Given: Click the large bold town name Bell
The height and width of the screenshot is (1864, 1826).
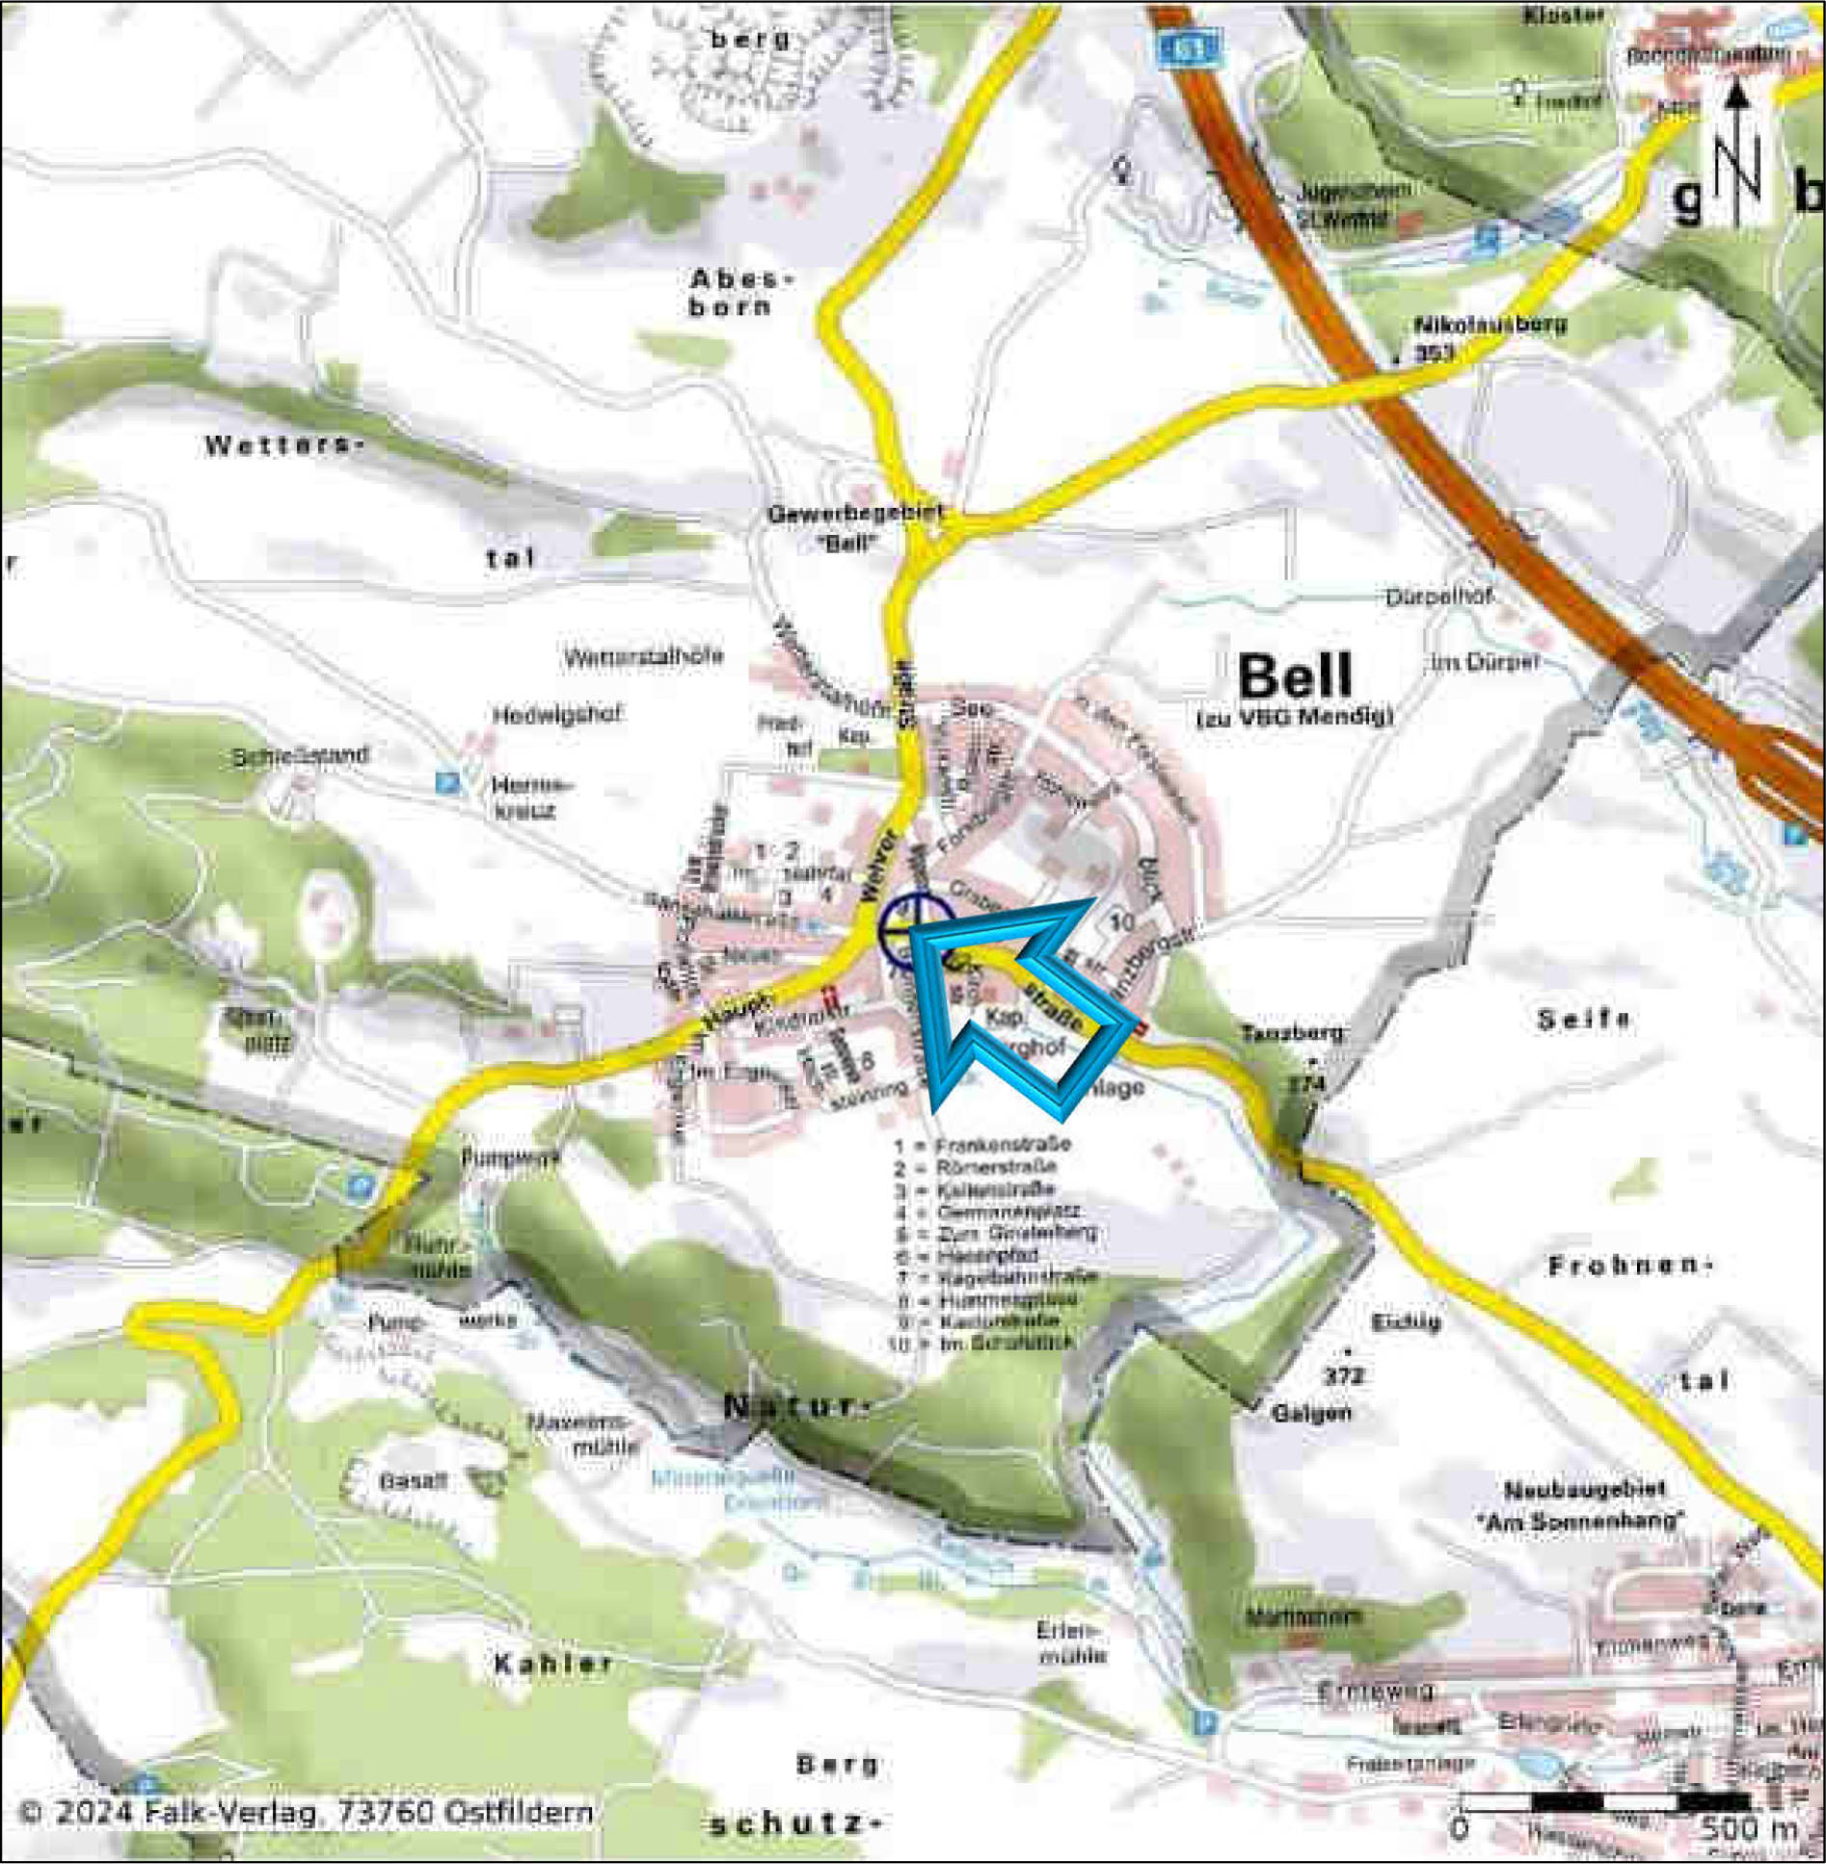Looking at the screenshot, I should click(x=1295, y=677).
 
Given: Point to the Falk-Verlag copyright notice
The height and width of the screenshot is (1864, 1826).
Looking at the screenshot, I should click(x=306, y=1813).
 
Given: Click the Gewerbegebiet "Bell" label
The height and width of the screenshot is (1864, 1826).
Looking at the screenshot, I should click(x=853, y=527).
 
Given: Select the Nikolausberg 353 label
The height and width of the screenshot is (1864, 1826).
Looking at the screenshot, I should click(x=1489, y=337).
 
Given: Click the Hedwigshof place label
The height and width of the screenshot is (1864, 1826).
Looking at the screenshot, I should click(x=557, y=715).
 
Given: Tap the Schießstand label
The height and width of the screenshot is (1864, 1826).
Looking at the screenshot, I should click(x=300, y=756).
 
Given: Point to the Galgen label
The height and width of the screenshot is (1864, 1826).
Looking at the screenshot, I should click(x=1311, y=1414).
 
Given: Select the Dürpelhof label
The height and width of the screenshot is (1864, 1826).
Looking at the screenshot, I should click(x=1437, y=597).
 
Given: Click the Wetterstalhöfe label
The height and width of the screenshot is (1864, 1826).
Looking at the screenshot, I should click(x=642, y=658).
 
